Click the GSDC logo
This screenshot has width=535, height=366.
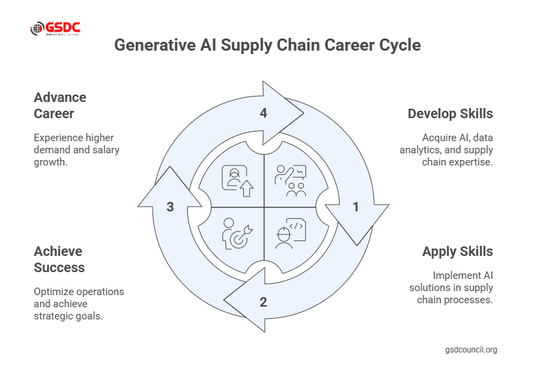point(55,28)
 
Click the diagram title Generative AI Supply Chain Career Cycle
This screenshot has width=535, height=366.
point(267,45)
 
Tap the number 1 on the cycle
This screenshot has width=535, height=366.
point(356,207)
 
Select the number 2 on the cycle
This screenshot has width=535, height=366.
point(263,302)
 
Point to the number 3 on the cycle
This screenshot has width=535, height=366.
point(170,207)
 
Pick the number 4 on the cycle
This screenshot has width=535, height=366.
point(263,113)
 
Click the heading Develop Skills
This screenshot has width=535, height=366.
point(450,113)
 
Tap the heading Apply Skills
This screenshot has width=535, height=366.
point(457,251)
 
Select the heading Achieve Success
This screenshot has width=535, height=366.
point(59,259)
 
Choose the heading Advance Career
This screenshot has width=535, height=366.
point(60,105)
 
